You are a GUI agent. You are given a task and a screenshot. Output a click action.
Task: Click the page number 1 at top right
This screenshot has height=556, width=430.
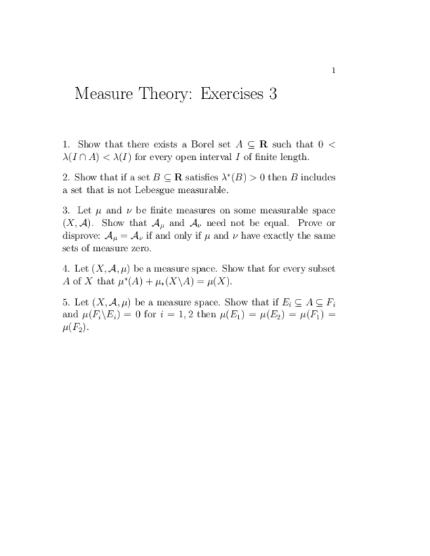333,70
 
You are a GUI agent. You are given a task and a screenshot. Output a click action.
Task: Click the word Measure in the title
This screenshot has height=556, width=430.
103,94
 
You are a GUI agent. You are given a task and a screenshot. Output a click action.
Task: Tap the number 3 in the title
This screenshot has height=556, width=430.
272,94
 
